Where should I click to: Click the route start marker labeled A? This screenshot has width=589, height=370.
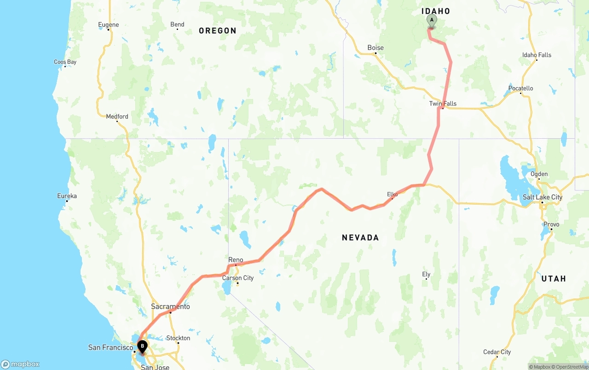click(432, 20)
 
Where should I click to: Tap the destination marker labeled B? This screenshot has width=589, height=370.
click(143, 346)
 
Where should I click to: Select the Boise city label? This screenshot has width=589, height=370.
click(375, 48)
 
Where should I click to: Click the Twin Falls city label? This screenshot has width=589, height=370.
click(443, 104)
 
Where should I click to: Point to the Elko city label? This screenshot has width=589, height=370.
click(392, 194)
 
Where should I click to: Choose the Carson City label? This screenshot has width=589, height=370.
click(238, 278)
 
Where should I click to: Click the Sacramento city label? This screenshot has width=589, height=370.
click(170, 307)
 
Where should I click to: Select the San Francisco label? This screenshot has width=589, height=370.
click(110, 348)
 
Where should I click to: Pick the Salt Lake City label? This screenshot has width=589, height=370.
click(543, 197)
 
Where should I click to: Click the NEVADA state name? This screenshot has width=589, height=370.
click(360, 238)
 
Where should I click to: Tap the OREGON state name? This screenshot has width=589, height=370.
click(218, 31)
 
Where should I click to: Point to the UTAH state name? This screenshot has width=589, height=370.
click(554, 279)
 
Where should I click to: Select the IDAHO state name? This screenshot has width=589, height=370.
click(436, 11)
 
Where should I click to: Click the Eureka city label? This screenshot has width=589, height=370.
click(67, 196)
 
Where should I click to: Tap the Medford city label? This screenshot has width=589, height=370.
click(117, 117)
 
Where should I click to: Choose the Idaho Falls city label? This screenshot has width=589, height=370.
click(537, 55)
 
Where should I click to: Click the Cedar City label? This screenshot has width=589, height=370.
click(497, 352)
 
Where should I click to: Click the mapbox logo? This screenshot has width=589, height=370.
click(20, 364)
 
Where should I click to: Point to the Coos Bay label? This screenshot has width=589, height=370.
click(65, 62)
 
